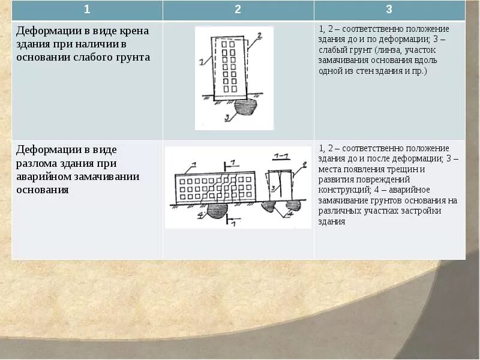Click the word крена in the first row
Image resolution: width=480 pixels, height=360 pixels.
133,31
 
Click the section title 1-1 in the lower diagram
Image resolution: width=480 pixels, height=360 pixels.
280,156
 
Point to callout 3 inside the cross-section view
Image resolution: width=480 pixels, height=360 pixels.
274,188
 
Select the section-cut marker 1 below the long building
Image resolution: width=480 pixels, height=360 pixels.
233,221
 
